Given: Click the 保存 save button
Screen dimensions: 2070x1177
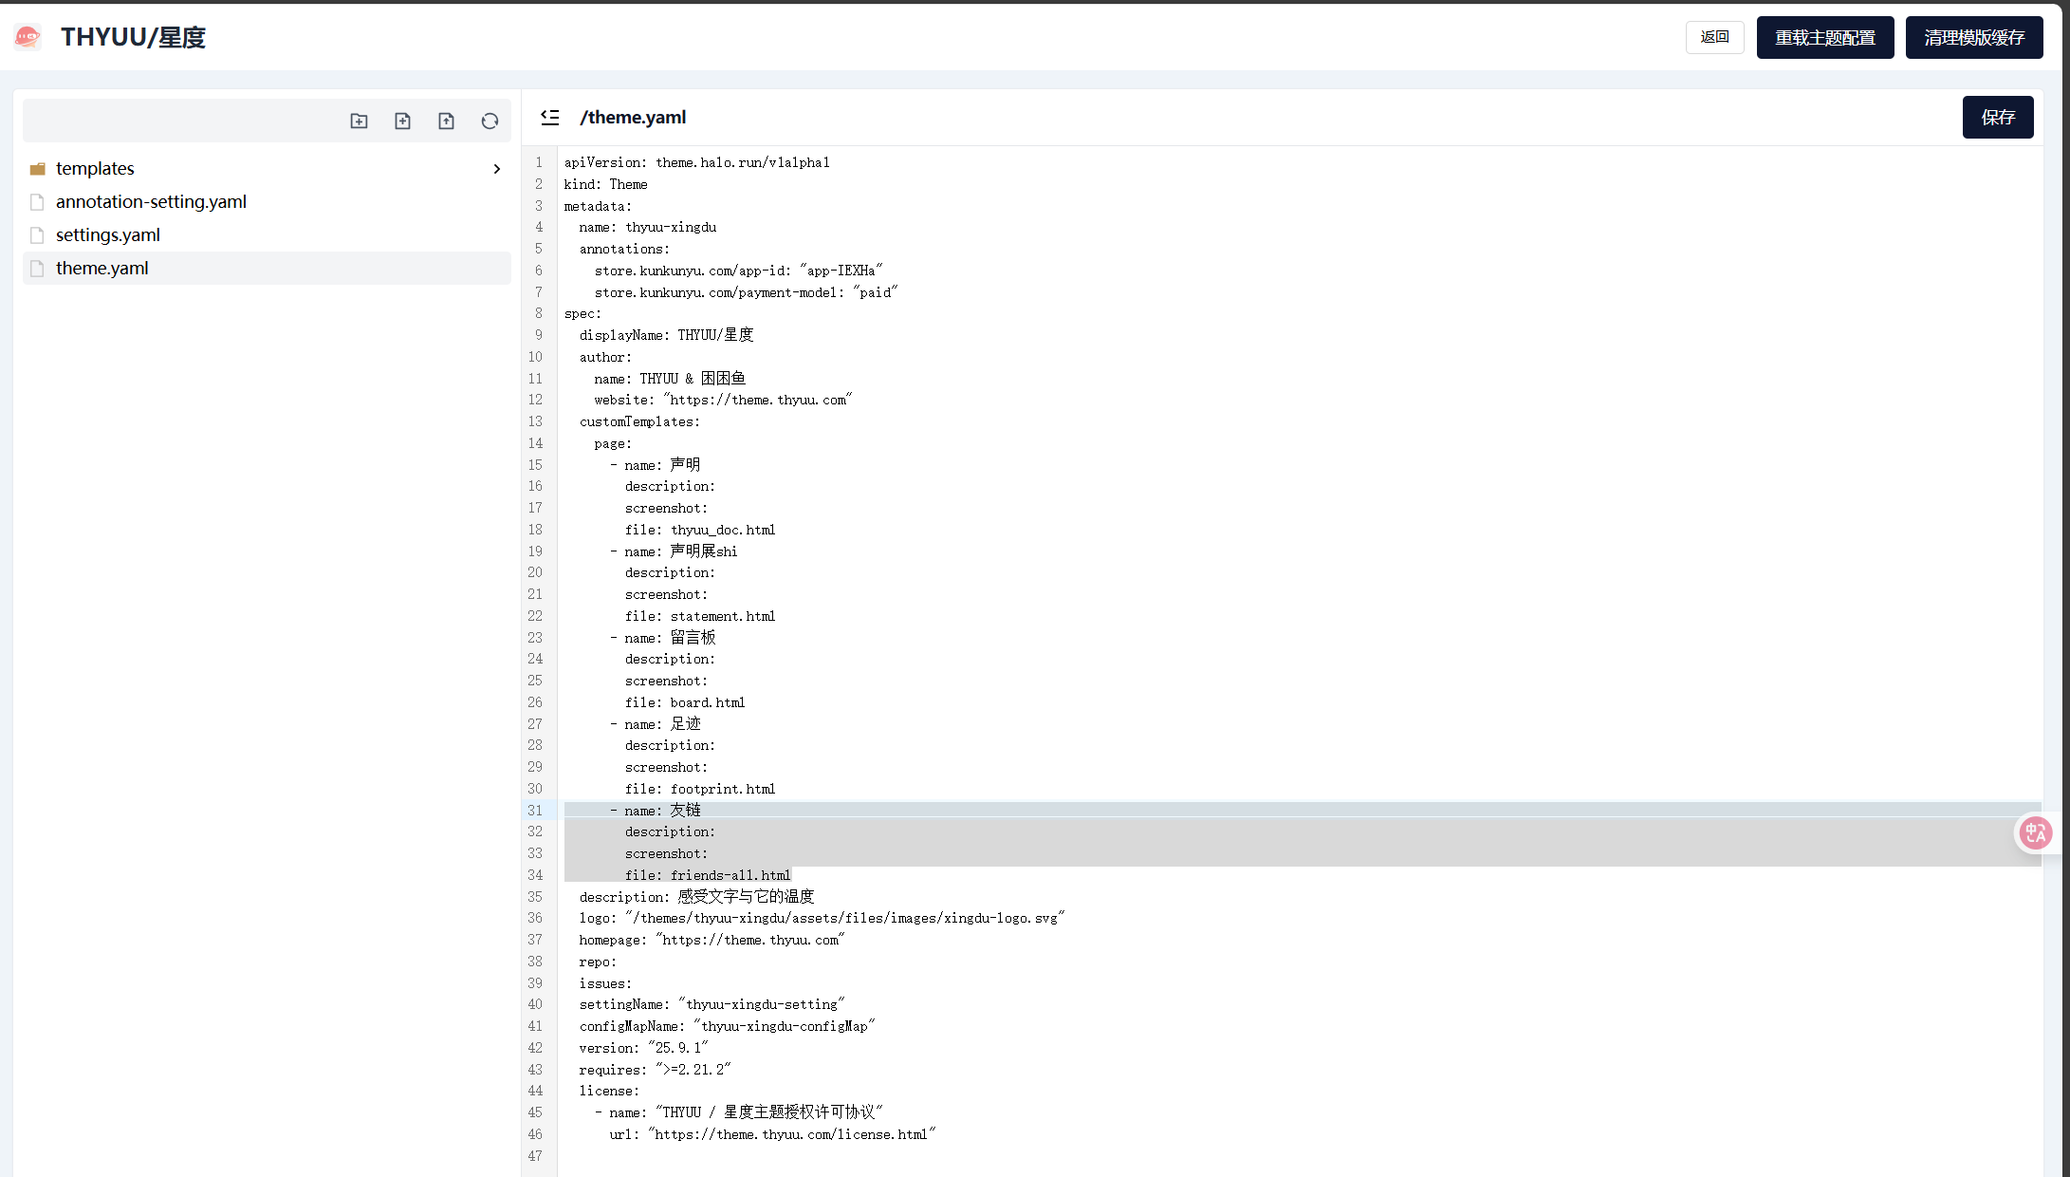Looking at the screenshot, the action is pyautogui.click(x=1997, y=117).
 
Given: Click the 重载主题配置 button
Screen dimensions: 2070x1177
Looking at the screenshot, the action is pyautogui.click(x=1824, y=37).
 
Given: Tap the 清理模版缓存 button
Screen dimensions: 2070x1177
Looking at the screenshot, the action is pyautogui.click(x=1973, y=37).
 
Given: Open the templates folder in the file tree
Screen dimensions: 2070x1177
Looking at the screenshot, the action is pyautogui.click(x=95, y=168).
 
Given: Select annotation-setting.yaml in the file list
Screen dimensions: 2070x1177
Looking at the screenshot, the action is pyautogui.click(x=151, y=201).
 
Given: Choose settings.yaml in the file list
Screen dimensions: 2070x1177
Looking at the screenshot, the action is pyautogui.click(x=108, y=234).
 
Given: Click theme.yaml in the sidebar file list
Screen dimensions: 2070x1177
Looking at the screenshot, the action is pyautogui.click(x=102, y=268).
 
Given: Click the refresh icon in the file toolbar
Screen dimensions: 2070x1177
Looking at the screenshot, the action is pyautogui.click(x=490, y=121).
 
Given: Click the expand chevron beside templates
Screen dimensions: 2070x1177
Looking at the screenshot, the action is pyautogui.click(x=496, y=169).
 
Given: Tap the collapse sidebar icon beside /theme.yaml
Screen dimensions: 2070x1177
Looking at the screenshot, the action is pyautogui.click(x=550, y=117).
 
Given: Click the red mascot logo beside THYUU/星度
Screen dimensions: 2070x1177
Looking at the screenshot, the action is pyautogui.click(x=28, y=37).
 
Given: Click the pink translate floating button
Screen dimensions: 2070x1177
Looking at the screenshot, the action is pyautogui.click(x=2035, y=833).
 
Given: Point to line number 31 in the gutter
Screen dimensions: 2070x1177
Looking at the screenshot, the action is pyautogui.click(x=535, y=811).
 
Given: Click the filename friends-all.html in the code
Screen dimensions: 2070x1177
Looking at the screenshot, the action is pyautogui.click(x=730, y=875).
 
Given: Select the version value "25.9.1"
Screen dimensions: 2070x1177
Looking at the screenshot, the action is pyautogui.click(x=678, y=1048).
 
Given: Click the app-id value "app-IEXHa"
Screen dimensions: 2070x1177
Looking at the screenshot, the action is pyautogui.click(x=841, y=271).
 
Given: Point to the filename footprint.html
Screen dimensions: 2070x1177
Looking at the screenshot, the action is pyautogui.click(x=723, y=789).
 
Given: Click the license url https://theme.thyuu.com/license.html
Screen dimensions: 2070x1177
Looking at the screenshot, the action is pyautogui.click(x=791, y=1134).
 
